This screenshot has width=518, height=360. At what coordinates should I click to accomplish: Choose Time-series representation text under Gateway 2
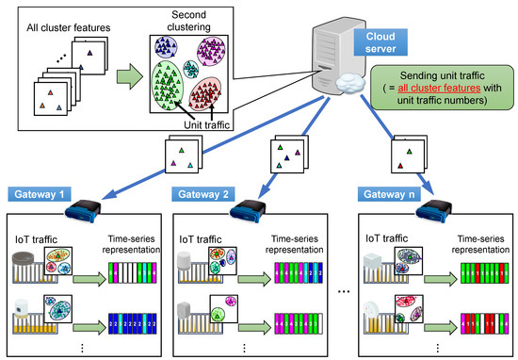283,236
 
